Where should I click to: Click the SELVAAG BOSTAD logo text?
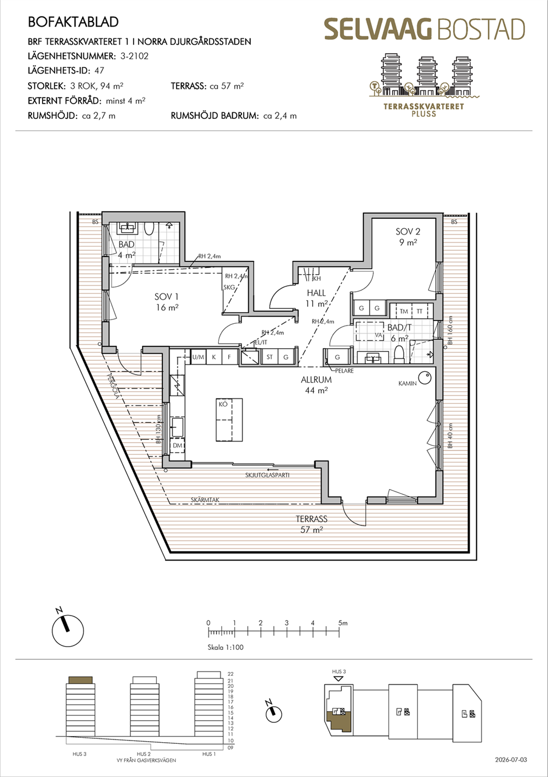(x=424, y=29)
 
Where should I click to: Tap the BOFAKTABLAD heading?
(x=73, y=22)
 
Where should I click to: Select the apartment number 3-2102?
(x=134, y=56)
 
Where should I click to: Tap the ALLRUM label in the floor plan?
(x=316, y=380)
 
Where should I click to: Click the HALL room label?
(x=316, y=293)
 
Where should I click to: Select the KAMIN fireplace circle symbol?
(x=425, y=378)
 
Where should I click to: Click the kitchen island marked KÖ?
(x=229, y=419)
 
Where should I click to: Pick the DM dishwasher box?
(x=177, y=446)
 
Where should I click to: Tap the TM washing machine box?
(x=403, y=311)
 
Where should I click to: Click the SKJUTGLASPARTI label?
(x=267, y=475)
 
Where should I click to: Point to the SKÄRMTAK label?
(x=205, y=500)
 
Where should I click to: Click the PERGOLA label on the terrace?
(x=113, y=386)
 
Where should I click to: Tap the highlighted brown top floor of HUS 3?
(x=81, y=680)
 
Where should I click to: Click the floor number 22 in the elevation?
(x=230, y=674)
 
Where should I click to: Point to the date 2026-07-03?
(x=510, y=760)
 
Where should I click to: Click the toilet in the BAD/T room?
(x=399, y=354)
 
